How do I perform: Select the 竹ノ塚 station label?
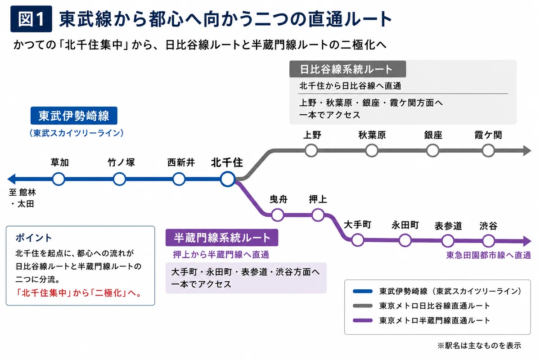[121, 162]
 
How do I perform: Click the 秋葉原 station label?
[372, 135]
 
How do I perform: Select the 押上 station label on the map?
[318, 199]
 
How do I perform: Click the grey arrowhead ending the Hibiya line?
[527, 151]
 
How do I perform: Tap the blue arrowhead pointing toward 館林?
[12, 179]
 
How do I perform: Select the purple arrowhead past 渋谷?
[527, 241]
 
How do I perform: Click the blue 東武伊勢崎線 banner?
[74, 116]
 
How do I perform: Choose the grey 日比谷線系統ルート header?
[347, 69]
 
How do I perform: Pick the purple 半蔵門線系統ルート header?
[222, 238]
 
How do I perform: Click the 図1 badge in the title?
[31, 19]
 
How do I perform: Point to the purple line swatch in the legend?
[363, 320]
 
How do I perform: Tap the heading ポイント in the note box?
[34, 238]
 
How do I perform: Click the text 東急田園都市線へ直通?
[489, 255]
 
